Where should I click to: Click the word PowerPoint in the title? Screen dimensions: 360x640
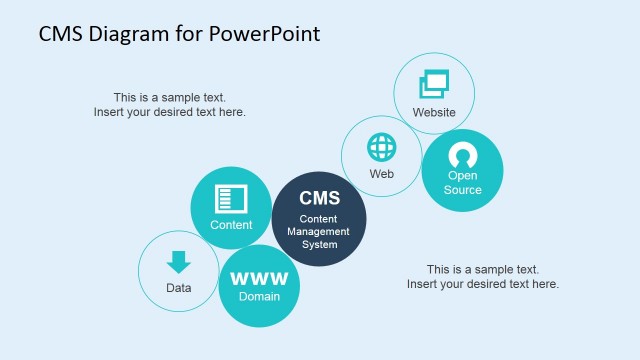(265, 34)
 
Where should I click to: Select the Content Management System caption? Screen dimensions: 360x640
(320, 231)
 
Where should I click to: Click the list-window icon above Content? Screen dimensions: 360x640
(231, 198)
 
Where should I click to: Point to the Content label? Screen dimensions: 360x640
(231, 225)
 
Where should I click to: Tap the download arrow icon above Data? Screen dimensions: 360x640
(178, 262)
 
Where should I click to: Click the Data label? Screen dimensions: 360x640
(178, 288)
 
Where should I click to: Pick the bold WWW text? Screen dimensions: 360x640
(259, 278)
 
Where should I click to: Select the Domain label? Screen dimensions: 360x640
(259, 296)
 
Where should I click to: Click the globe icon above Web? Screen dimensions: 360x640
(382, 147)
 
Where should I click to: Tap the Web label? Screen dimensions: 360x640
(382, 173)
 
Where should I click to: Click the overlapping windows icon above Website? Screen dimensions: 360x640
(434, 84)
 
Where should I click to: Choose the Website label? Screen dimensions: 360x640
(434, 112)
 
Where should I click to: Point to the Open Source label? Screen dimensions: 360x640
(463, 183)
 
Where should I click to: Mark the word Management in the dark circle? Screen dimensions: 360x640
(320, 231)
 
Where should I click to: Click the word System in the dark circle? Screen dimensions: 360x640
(320, 244)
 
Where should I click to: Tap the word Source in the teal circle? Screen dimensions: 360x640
(463, 190)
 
